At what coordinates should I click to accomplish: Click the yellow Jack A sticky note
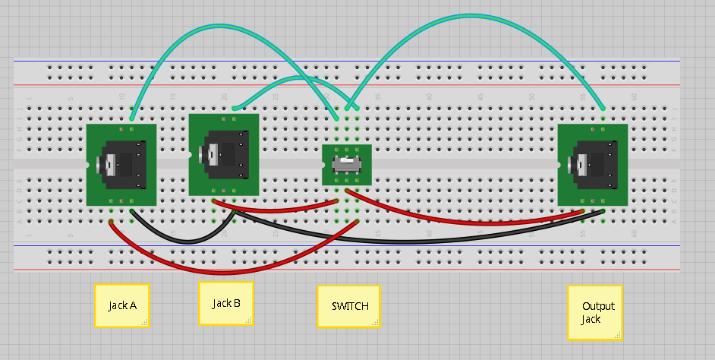point(121,305)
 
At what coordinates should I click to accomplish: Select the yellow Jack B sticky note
point(226,303)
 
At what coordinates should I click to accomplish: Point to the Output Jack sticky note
point(595,312)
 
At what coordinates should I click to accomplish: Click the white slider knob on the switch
point(350,164)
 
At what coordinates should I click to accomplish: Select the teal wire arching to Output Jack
point(471,17)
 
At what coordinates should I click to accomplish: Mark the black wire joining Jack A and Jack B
point(182,241)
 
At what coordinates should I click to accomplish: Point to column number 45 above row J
point(480,97)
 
